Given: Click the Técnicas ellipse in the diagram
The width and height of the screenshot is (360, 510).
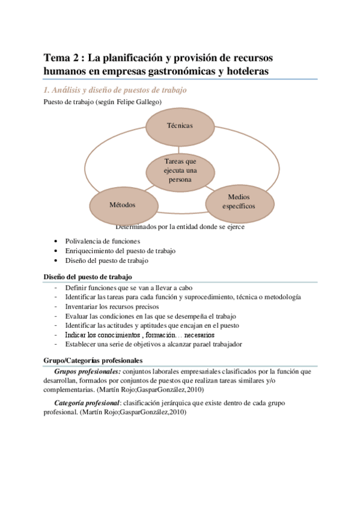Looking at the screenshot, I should point(180,125).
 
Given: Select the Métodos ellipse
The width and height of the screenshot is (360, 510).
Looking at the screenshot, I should point(122,204).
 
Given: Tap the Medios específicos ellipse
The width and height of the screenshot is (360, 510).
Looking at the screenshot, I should point(239,201).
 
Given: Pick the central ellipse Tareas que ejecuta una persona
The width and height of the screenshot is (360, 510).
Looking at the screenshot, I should point(180,170).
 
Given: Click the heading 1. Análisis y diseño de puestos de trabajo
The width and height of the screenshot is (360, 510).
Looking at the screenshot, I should point(115,90).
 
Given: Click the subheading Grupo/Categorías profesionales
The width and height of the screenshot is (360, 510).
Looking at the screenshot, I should point(93,360).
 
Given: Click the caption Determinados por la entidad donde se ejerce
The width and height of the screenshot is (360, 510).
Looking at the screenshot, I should point(179,227).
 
